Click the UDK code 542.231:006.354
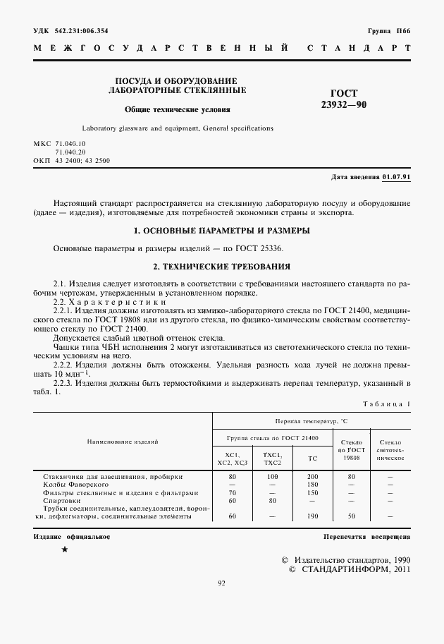pos(82,31)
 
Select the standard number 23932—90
pos(344,104)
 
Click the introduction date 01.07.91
pos(397,176)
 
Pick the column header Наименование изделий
pos(123,442)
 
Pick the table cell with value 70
pos(233,492)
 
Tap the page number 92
pos(221,583)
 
